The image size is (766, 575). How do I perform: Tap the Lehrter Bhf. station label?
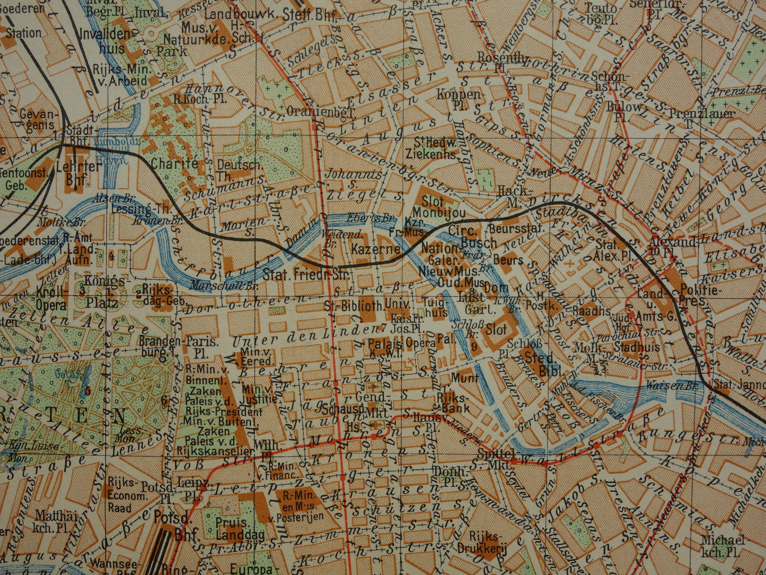click(83, 172)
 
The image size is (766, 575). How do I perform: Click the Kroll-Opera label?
click(51, 298)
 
